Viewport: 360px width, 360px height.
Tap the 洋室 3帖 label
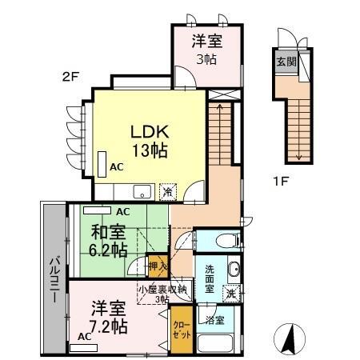(x=206, y=49)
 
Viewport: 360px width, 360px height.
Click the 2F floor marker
(x=73, y=78)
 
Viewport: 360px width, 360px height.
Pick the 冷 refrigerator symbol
(x=168, y=191)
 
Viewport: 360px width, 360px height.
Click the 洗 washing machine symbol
(x=230, y=294)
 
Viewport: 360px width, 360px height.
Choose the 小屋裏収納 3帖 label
(x=162, y=294)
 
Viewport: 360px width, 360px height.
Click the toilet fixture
(x=225, y=239)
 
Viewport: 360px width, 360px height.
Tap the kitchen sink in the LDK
(x=141, y=191)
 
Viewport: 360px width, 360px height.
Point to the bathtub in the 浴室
(x=216, y=345)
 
